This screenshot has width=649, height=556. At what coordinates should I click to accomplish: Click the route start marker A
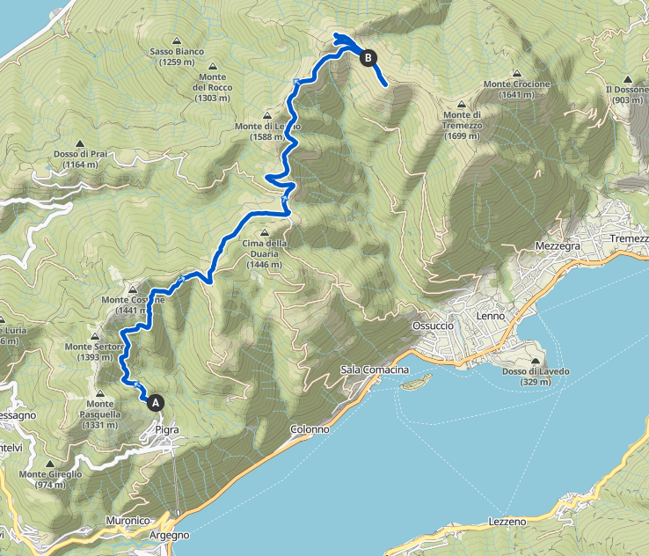point(157,402)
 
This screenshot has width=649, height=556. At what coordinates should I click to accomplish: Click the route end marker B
point(368,58)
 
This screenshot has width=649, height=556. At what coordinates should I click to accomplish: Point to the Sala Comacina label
point(375,370)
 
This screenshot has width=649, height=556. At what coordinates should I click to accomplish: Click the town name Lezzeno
point(507,522)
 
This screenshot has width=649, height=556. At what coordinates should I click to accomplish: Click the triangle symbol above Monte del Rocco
point(212,66)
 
